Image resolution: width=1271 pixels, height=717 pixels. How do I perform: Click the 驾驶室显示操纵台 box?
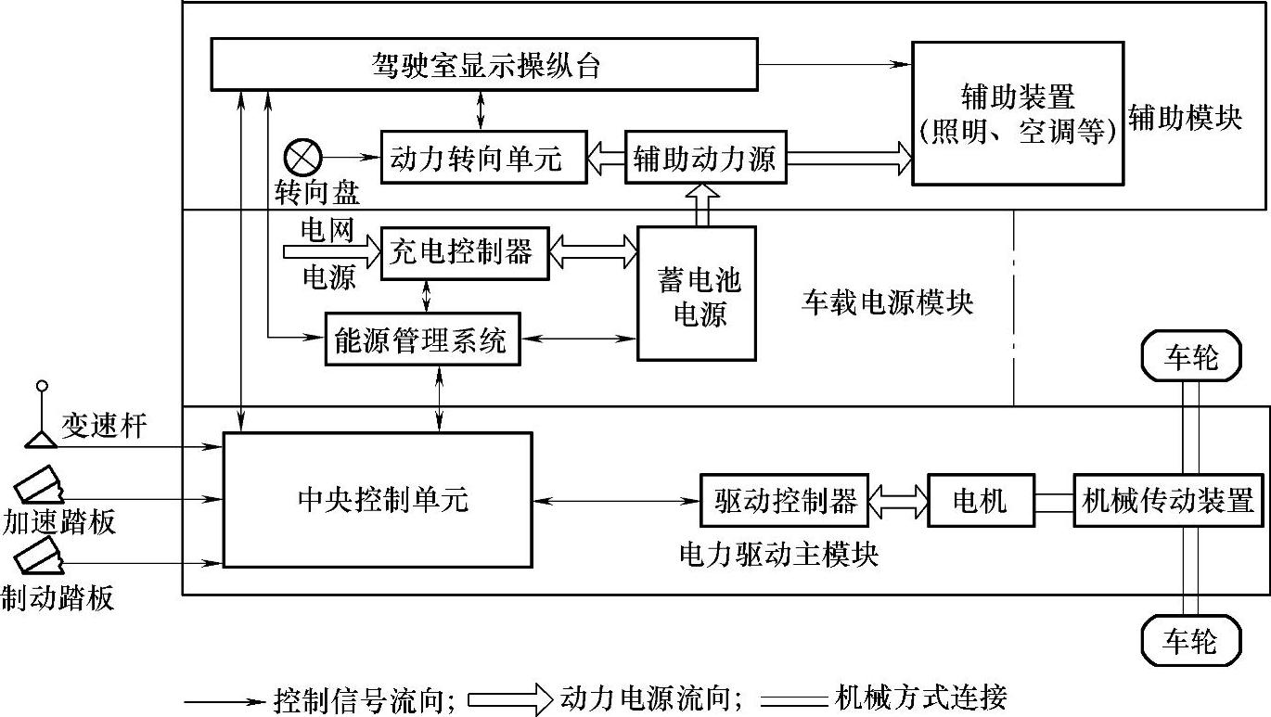tap(483, 65)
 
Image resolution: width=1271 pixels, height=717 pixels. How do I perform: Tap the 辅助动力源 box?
tap(705, 158)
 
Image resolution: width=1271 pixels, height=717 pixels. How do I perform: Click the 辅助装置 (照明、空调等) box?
tap(1017, 112)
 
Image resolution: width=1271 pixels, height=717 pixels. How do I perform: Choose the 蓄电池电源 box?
tap(697, 293)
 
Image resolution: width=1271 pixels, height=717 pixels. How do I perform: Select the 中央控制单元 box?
tap(379, 499)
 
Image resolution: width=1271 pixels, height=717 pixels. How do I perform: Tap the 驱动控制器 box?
tap(785, 501)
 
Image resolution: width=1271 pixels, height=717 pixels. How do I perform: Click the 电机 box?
tap(981, 501)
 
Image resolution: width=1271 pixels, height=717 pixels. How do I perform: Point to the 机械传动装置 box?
tap(1168, 501)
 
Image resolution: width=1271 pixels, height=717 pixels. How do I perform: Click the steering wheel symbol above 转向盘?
tap(302, 156)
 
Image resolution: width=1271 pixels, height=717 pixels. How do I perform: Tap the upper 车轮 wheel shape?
tap(1190, 357)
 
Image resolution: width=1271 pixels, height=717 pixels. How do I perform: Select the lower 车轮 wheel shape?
tap(1190, 641)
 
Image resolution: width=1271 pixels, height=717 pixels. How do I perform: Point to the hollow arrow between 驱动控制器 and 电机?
tap(898, 501)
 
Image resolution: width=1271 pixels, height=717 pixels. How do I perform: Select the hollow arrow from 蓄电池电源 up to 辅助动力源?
tap(702, 204)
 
